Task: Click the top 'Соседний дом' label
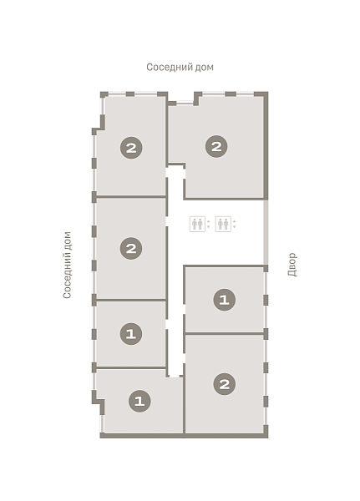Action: pos(180,68)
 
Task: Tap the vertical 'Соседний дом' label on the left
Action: pos(67,266)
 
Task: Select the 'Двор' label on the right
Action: pos(292,265)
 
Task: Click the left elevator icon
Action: pos(197,224)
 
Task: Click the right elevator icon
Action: pos(223,224)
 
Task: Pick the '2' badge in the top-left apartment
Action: pos(131,148)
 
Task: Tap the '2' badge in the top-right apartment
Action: pos(216,147)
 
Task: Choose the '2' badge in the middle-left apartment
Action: pos(131,248)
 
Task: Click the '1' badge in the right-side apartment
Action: pos(224,300)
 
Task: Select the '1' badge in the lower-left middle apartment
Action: pos(131,334)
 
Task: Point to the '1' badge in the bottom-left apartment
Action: pos(139,401)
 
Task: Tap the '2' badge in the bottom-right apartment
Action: pos(225,384)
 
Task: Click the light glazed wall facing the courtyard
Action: pos(266,232)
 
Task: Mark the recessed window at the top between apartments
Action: pos(185,103)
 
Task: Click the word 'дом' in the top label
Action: pos(204,68)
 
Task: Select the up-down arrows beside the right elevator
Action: pos(234,224)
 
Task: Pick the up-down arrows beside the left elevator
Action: pos(208,224)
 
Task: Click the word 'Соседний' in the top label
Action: pos(169,68)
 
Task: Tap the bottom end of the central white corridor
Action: pos(175,376)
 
